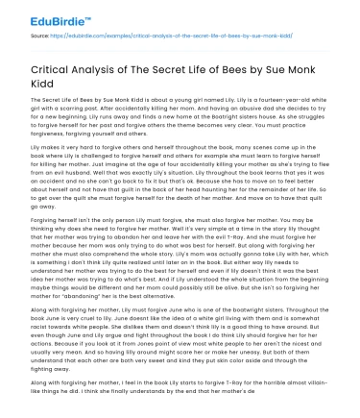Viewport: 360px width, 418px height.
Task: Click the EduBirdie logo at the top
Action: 43,16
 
